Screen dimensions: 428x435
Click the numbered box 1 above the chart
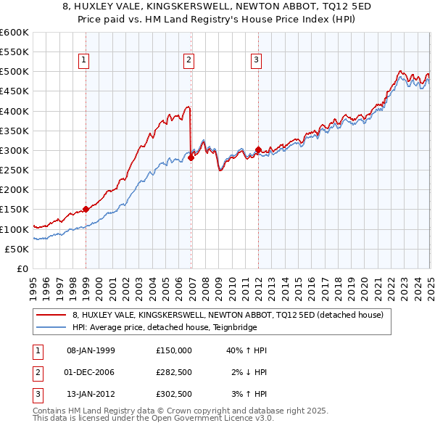[x=85, y=61]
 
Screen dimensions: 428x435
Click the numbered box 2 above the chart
[x=188, y=61]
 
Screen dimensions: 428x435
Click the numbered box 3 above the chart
[x=256, y=61]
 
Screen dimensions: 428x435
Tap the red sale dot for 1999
[x=86, y=209]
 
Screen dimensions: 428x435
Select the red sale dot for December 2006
[x=191, y=157]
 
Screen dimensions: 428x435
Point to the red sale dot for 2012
[x=258, y=149]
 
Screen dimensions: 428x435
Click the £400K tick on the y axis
[x=14, y=111]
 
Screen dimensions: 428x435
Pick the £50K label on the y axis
[x=17, y=249]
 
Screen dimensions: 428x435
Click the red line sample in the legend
[x=51, y=315]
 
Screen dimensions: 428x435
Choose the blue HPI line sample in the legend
[x=51, y=327]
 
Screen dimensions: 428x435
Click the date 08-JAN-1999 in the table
[x=91, y=350]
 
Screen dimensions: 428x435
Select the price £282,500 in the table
[x=174, y=372]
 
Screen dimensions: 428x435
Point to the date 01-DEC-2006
[x=91, y=372]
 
